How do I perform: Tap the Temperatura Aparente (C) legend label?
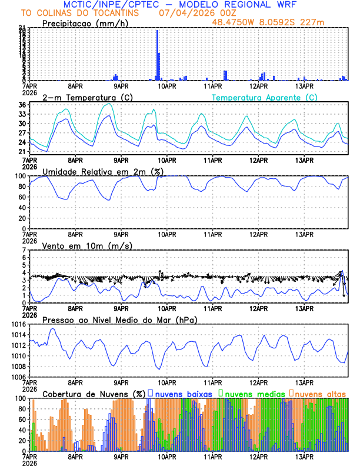(264, 97)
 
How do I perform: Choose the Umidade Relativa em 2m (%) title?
(98, 171)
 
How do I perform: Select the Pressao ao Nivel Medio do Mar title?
(119, 319)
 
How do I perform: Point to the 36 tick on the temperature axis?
(22, 105)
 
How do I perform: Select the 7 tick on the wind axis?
(25, 250)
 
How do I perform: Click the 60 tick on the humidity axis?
(22, 197)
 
